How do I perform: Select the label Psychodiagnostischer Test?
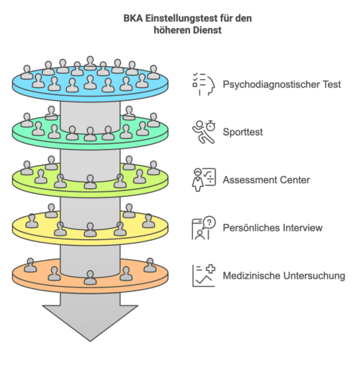tap(282, 84)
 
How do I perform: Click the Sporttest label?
tap(243, 132)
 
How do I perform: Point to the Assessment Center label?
tap(266, 180)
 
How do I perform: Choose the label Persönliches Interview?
tap(272, 228)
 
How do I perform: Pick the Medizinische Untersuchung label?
tap(284, 275)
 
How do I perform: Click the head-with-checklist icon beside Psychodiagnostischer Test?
tap(204, 84)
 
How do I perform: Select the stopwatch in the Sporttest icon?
tap(210, 125)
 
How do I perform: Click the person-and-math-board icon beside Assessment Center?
tap(204, 179)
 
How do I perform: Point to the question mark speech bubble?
tap(209, 223)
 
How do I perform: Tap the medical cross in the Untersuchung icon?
tap(210, 269)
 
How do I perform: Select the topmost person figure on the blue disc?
tap(90, 63)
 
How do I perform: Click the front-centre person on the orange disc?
tap(90, 277)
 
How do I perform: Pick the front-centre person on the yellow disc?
tap(90, 230)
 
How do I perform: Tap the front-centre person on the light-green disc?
tap(90, 182)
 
